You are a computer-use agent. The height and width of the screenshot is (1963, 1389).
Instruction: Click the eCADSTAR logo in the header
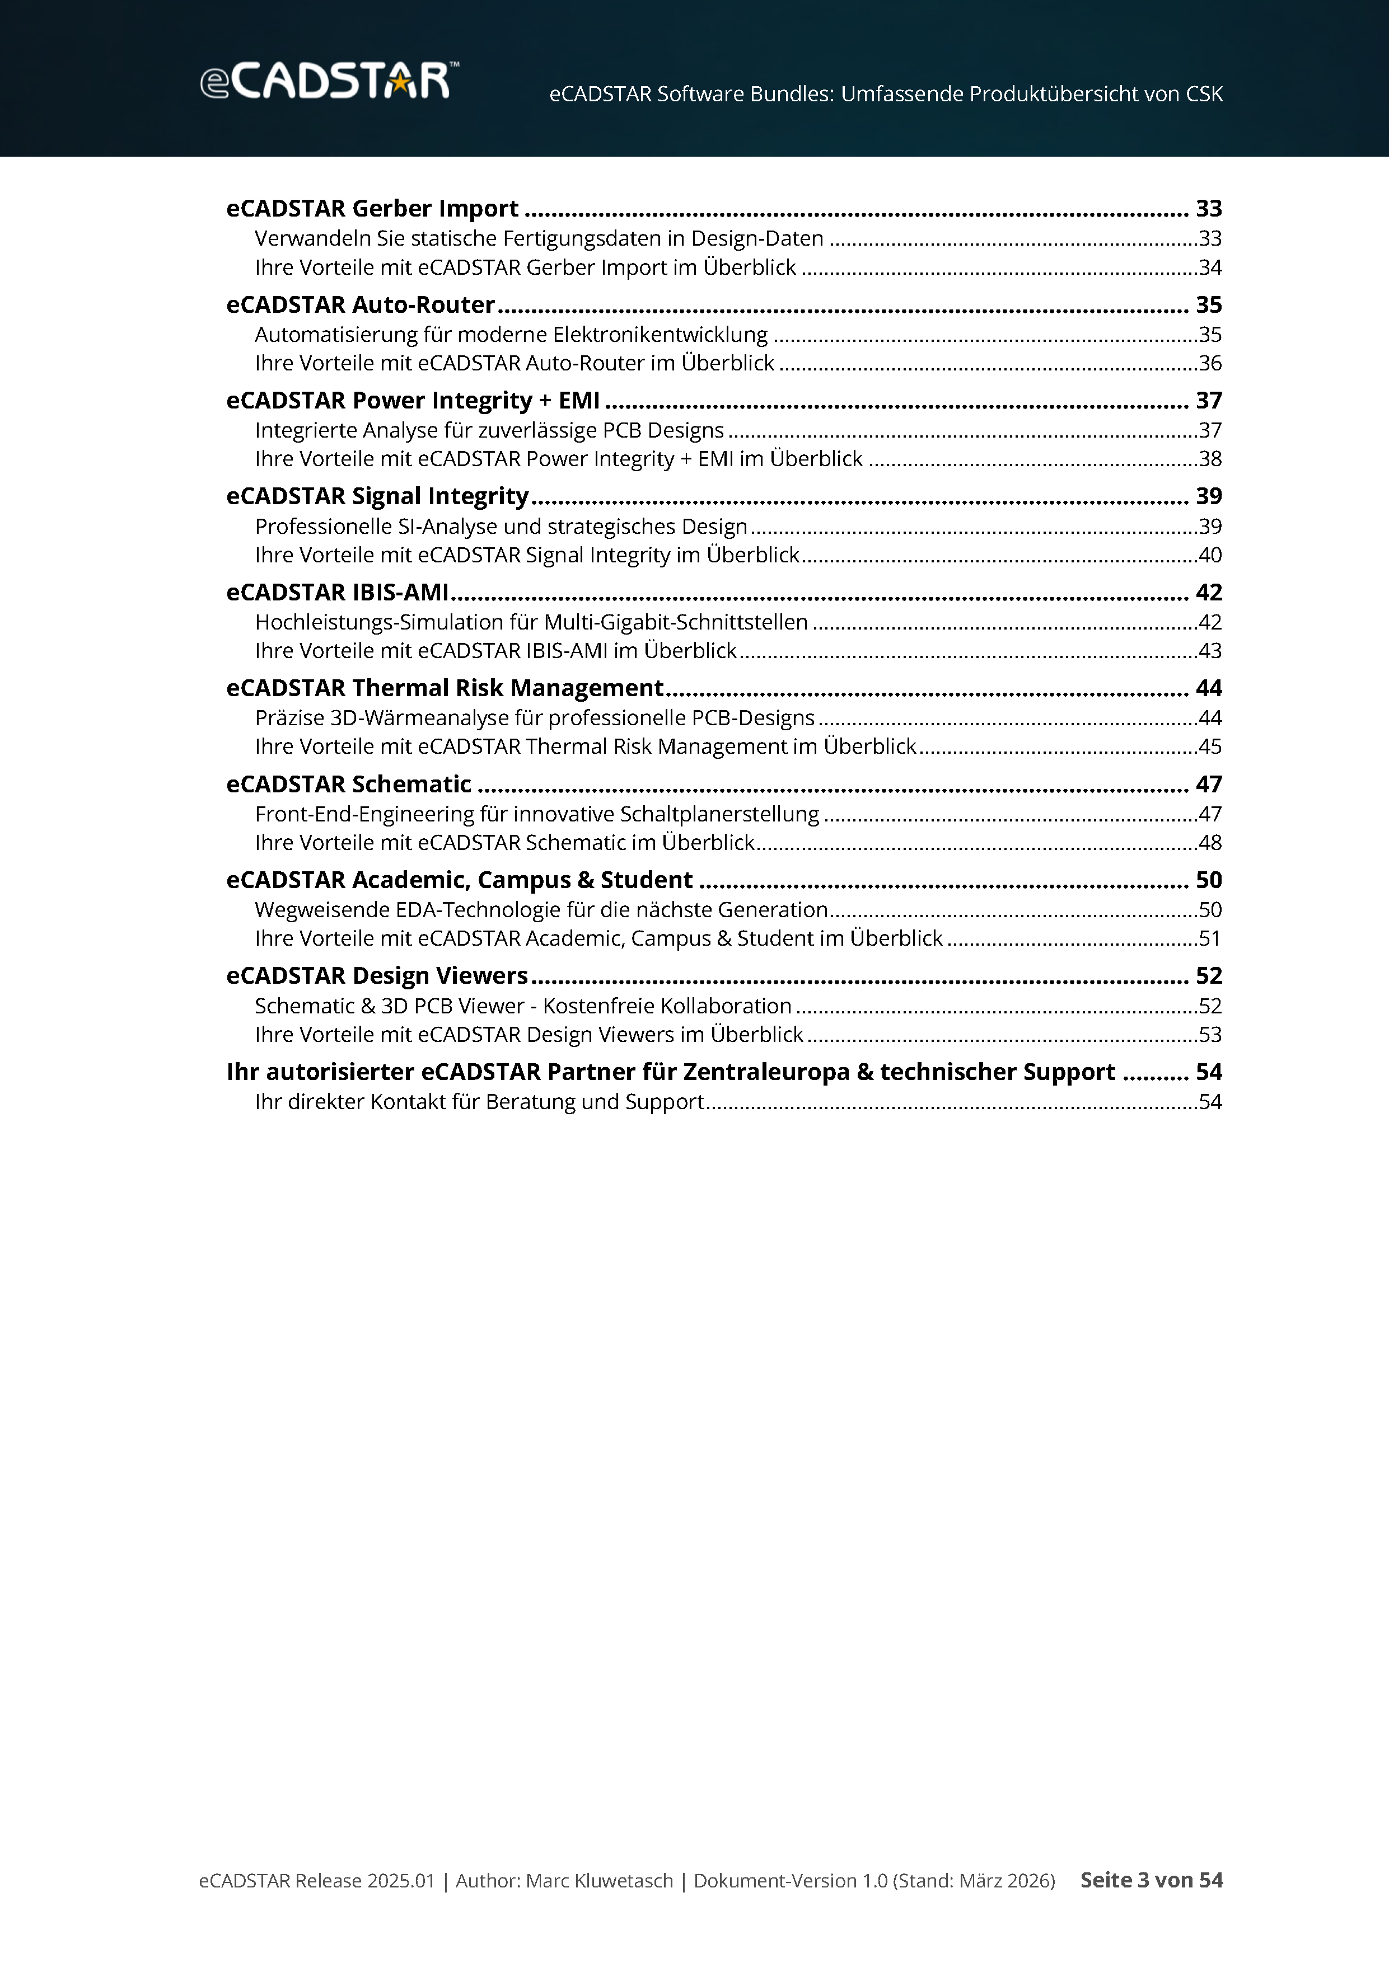[329, 81]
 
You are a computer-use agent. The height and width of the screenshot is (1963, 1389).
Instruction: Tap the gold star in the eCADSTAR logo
[399, 83]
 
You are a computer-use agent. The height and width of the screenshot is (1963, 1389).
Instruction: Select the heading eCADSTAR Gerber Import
[372, 209]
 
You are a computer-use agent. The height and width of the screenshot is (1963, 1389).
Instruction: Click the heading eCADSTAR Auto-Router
[360, 304]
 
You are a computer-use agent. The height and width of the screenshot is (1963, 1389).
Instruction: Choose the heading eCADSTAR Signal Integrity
[377, 496]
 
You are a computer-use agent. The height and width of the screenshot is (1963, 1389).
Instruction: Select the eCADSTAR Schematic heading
[348, 784]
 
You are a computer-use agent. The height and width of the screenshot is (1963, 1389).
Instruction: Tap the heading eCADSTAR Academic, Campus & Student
[459, 880]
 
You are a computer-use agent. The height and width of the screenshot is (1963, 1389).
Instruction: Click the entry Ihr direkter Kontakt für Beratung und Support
[479, 1101]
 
